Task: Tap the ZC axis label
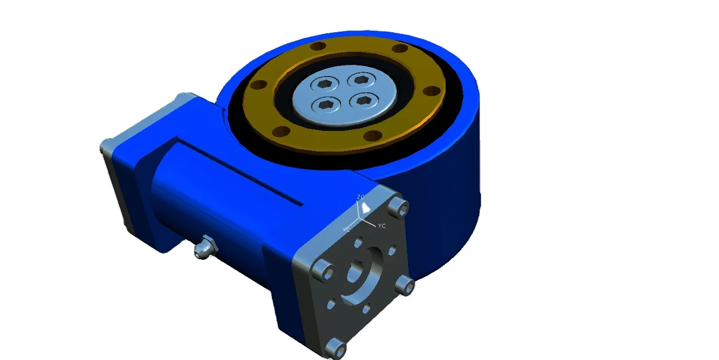click(361, 197)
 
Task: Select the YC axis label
click(382, 226)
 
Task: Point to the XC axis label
click(346, 229)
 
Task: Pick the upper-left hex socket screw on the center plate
click(323, 84)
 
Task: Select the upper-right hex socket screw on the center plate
click(361, 80)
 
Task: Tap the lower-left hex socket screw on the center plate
click(327, 105)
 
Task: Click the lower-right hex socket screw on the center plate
click(365, 99)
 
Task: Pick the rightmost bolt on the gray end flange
click(406, 286)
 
